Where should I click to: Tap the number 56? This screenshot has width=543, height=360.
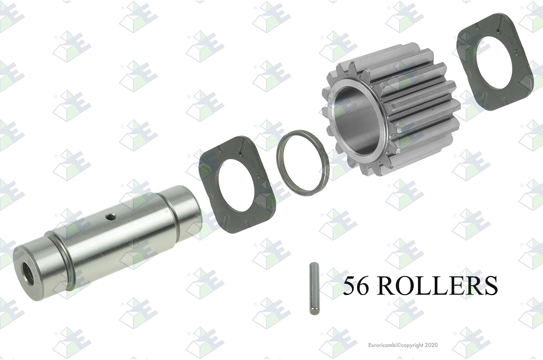356,286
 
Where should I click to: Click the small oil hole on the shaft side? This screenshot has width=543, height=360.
111,217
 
